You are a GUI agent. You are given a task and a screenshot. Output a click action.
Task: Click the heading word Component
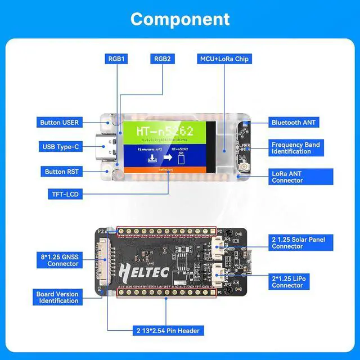click(180, 19)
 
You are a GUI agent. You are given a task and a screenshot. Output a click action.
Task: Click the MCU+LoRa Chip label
click(224, 58)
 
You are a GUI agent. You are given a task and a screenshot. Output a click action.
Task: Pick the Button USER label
click(59, 122)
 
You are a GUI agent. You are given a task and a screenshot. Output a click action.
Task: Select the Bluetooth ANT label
click(294, 122)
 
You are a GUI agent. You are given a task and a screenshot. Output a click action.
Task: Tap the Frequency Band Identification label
click(296, 148)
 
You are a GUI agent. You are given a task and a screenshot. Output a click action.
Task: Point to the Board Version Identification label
click(58, 297)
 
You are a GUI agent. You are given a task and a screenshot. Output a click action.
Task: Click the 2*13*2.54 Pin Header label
click(166, 330)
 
